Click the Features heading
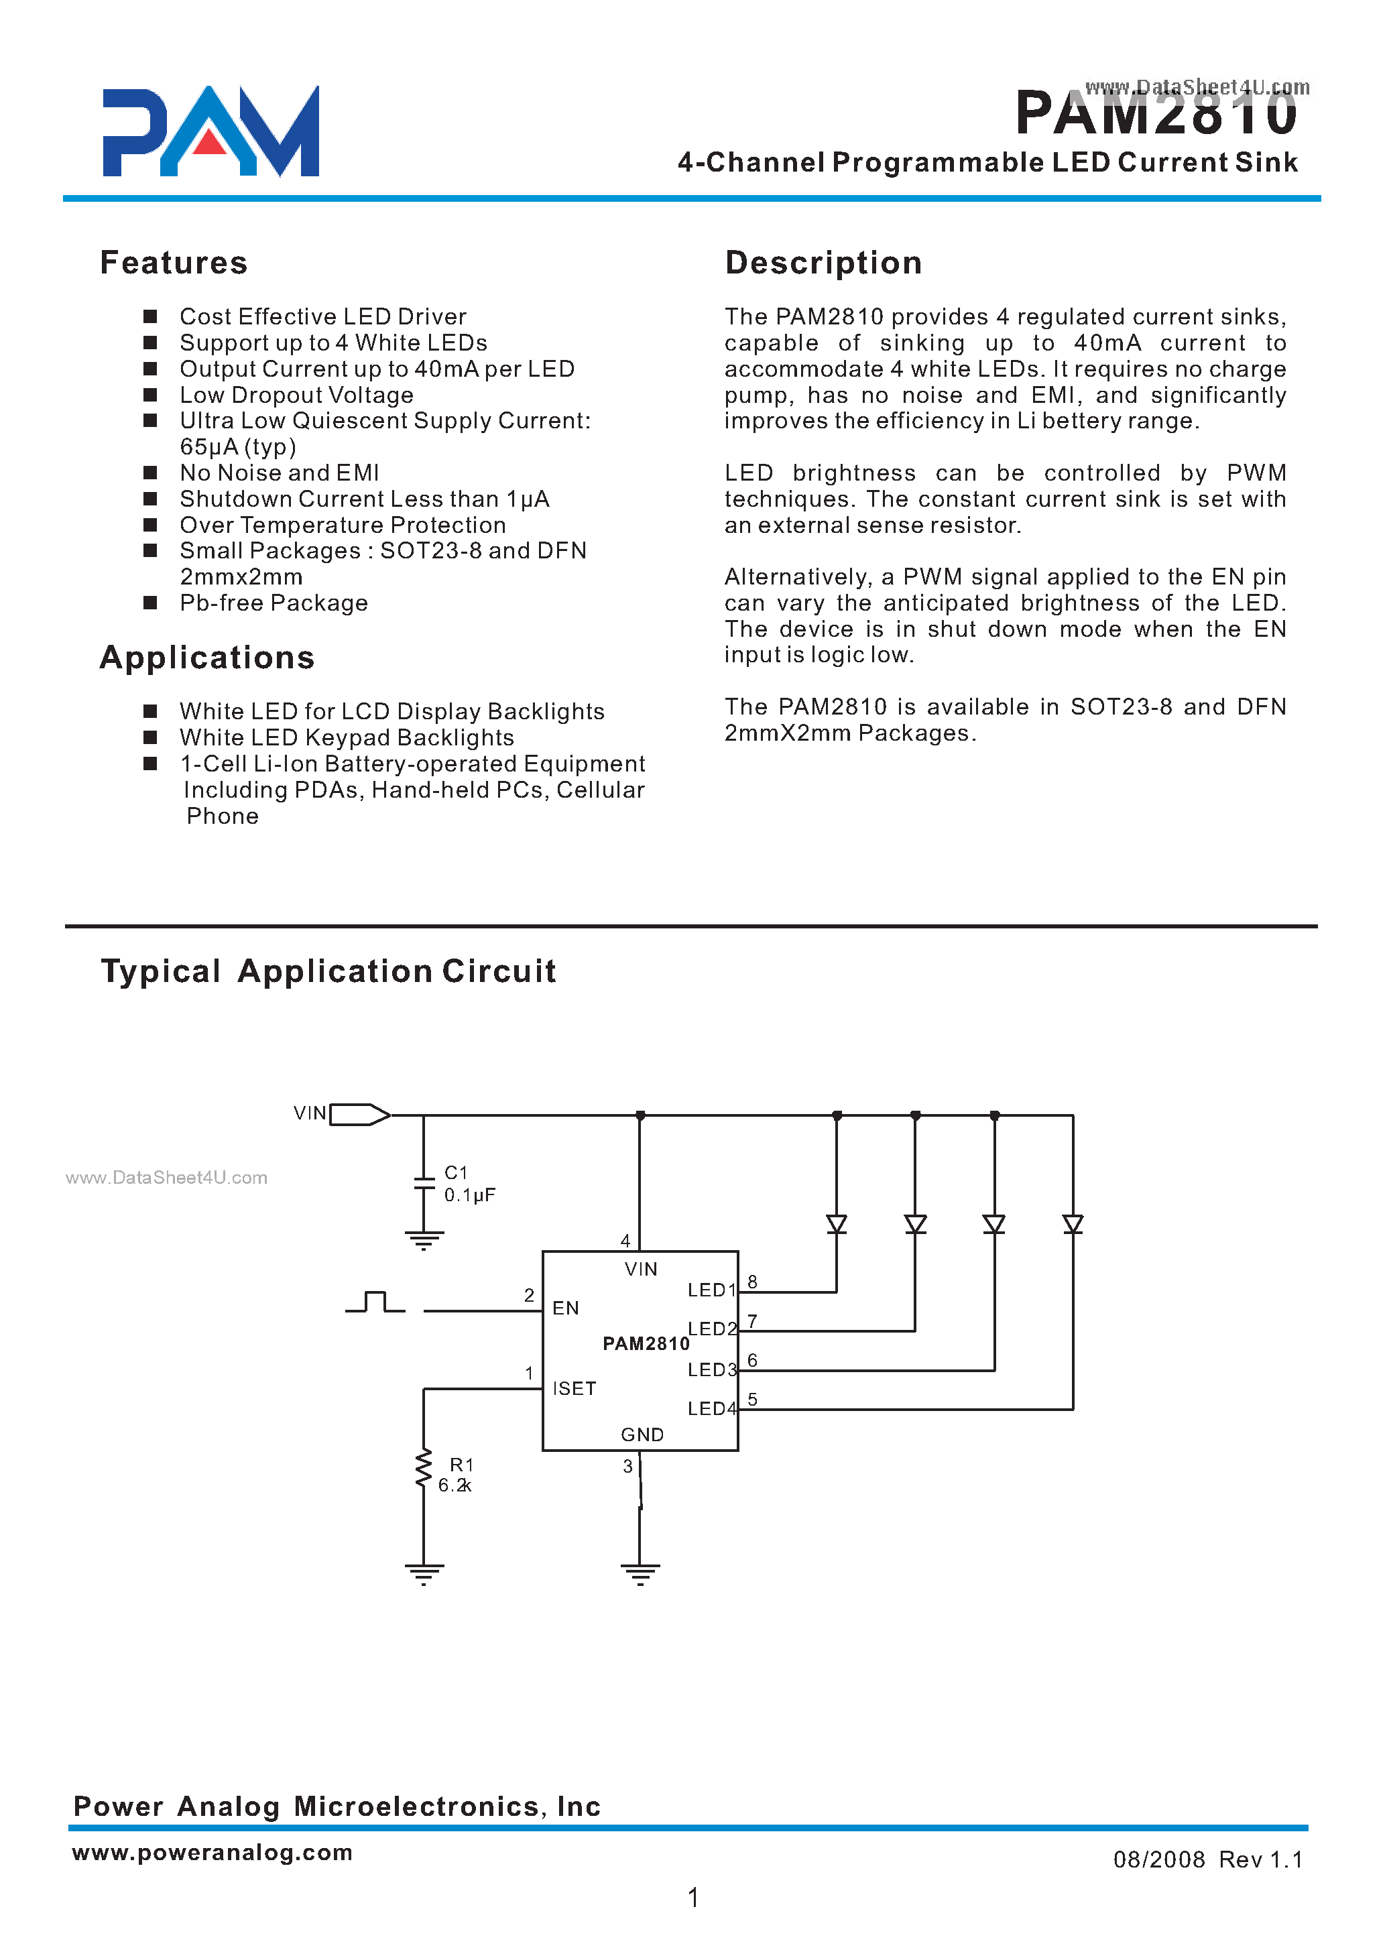point(174,263)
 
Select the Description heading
point(823,263)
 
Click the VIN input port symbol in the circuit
point(359,1115)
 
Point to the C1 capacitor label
point(456,1172)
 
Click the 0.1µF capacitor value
point(470,1195)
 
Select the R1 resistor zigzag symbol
point(423,1469)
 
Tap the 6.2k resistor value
point(455,1485)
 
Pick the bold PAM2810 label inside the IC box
point(646,1343)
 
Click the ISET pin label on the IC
point(574,1389)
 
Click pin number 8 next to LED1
point(752,1282)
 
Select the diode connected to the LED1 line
point(836,1224)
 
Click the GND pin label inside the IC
point(642,1434)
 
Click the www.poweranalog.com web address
point(213,1851)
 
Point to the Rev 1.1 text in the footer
point(1260,1859)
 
